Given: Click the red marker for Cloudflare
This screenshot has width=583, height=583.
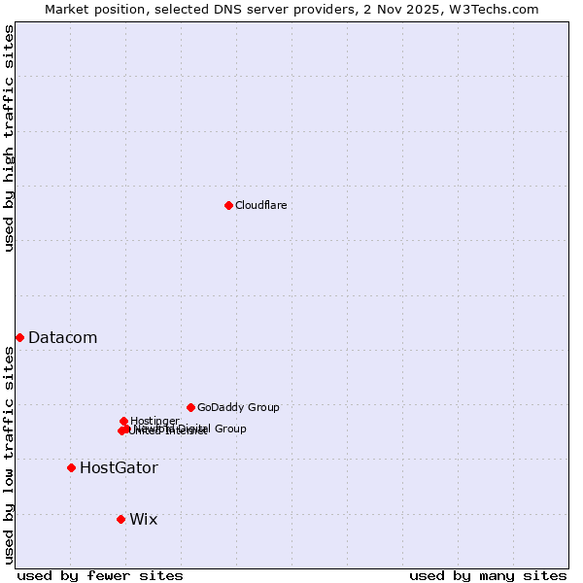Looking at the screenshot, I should pos(228,205).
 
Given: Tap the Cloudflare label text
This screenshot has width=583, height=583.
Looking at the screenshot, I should pos(260,205).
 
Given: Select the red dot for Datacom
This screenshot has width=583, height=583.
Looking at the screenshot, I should pos(19,337).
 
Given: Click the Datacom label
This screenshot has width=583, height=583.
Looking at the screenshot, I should pos(62,337).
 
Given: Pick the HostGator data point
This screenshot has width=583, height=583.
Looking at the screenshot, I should pos(71,467).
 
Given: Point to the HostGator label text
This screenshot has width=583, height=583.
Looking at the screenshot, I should pos(119,467).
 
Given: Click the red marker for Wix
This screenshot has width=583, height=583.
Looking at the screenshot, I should pos(120,519).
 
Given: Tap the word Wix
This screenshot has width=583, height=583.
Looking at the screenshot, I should pos(143,519).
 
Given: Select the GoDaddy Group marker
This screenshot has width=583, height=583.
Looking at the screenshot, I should pos(190,407).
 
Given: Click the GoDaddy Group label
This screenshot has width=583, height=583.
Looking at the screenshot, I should pos(238,407).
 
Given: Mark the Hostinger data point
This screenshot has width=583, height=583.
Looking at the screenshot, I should pos(123,421).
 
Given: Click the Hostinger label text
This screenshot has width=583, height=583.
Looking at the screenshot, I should pos(154,421).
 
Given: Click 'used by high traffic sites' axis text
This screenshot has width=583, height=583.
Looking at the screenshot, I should pos(9,138).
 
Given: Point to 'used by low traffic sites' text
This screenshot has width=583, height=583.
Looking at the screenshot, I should pos(9,455).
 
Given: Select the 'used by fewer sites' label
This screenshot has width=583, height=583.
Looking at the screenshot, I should pos(100,575).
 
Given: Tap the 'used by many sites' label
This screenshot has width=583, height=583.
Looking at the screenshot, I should pos(488,575).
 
